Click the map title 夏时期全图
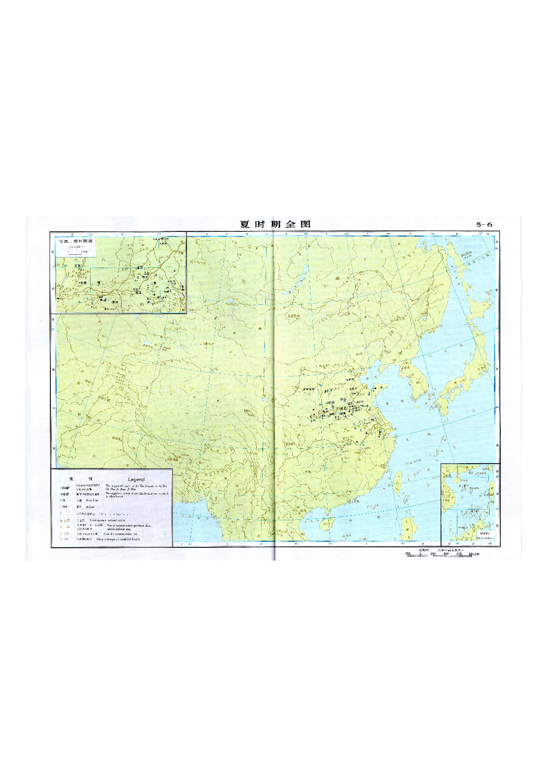pos(275,224)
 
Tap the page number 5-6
pos(484,224)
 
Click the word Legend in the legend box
pos(136,479)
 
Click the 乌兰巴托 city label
pos(293,316)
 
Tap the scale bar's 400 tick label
pos(446,553)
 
